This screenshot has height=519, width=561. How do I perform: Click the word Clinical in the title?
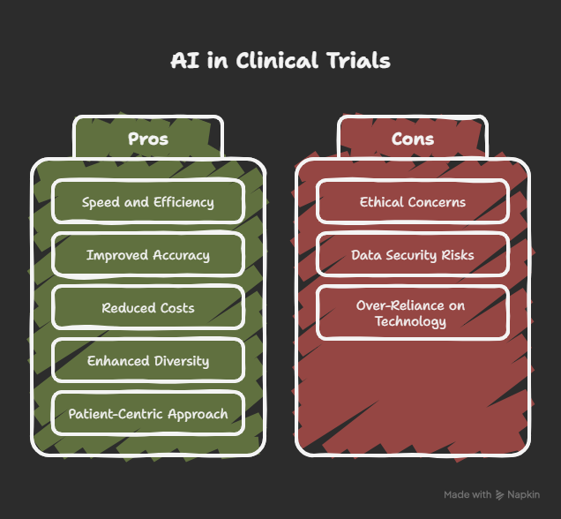277,60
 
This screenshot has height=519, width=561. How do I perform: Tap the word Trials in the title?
358,60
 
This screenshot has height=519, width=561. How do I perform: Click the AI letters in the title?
184,60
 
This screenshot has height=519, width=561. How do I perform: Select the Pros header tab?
148,137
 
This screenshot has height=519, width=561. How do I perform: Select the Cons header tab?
413,137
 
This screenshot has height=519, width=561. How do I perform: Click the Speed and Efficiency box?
148,202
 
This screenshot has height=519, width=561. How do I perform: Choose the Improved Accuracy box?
148,255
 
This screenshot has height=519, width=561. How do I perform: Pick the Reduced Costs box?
148,308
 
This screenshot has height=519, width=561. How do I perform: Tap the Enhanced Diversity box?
148,361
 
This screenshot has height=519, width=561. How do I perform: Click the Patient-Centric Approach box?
148,414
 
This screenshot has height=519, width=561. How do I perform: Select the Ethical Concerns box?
413,202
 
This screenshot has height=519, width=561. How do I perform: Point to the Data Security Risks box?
413,255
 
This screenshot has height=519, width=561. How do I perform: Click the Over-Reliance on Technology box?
413,312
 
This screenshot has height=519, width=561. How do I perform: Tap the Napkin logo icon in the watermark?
499,495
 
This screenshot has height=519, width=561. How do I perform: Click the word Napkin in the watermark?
523,494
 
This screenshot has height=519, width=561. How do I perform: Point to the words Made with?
467,494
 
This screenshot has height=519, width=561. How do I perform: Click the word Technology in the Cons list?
411,321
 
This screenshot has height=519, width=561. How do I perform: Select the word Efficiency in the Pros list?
183,202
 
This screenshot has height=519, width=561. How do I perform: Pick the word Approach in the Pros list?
198,415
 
